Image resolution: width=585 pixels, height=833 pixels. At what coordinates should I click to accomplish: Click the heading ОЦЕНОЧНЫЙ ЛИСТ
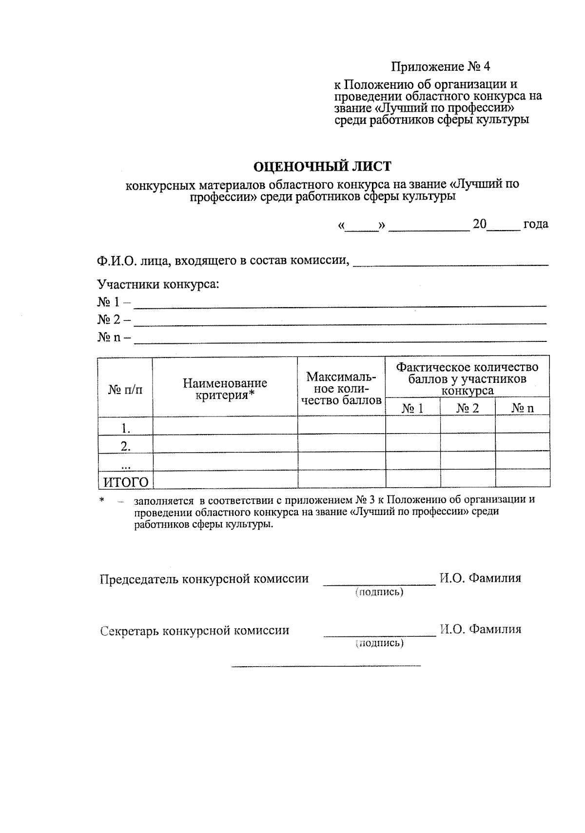[x=322, y=167]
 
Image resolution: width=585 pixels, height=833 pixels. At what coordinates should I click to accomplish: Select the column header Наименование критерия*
[x=225, y=389]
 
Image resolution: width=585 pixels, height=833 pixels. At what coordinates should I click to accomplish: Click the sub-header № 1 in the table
[x=412, y=408]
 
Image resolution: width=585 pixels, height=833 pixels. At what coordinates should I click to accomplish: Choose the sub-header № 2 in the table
[x=468, y=408]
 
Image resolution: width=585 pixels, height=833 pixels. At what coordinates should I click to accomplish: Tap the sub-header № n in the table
[x=523, y=408]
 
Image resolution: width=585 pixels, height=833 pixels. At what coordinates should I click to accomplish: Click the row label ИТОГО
[x=125, y=482]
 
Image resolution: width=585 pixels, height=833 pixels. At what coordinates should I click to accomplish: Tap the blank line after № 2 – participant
[x=340, y=321]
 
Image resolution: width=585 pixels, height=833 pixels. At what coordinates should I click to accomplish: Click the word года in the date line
[x=535, y=224]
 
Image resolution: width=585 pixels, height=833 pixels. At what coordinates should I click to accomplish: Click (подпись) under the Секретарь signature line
[x=379, y=643]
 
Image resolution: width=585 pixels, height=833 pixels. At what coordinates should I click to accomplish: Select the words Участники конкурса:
[x=158, y=284]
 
